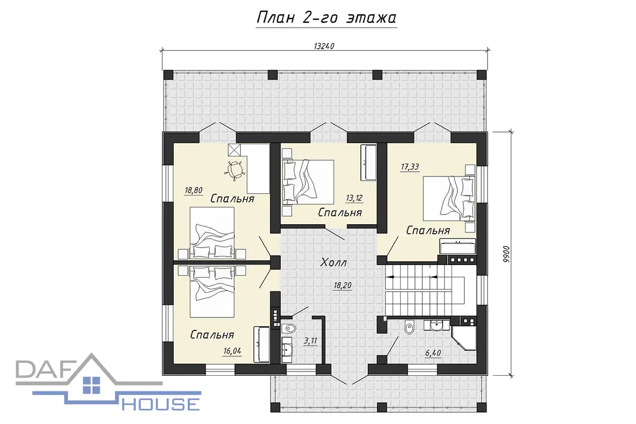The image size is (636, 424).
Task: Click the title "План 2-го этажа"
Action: (326, 18)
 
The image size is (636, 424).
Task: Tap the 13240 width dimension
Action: (324, 46)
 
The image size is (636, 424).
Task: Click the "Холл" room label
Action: (333, 262)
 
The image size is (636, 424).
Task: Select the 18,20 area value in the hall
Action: (342, 285)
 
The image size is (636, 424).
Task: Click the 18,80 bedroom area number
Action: (193, 190)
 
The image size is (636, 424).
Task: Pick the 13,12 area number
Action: (354, 198)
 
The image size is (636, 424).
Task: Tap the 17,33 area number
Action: (410, 167)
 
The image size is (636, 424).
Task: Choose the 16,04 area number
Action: (232, 351)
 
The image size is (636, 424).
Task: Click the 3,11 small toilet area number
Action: (311, 341)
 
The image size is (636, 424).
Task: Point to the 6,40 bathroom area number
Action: (433, 353)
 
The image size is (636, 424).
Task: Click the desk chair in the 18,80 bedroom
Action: (234, 171)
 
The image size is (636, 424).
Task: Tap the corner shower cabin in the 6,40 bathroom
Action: (463, 338)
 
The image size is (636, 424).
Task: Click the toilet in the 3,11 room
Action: (289, 329)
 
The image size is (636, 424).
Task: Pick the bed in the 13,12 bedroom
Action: (308, 182)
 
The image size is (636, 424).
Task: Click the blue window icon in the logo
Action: (91, 385)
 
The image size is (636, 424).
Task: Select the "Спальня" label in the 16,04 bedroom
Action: (212, 335)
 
